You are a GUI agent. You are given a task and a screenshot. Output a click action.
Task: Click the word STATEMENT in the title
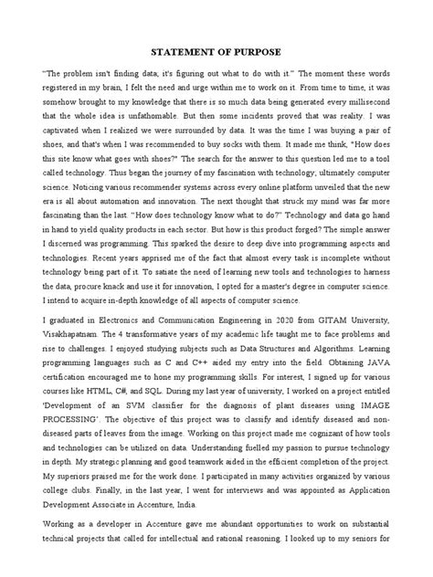178,51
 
